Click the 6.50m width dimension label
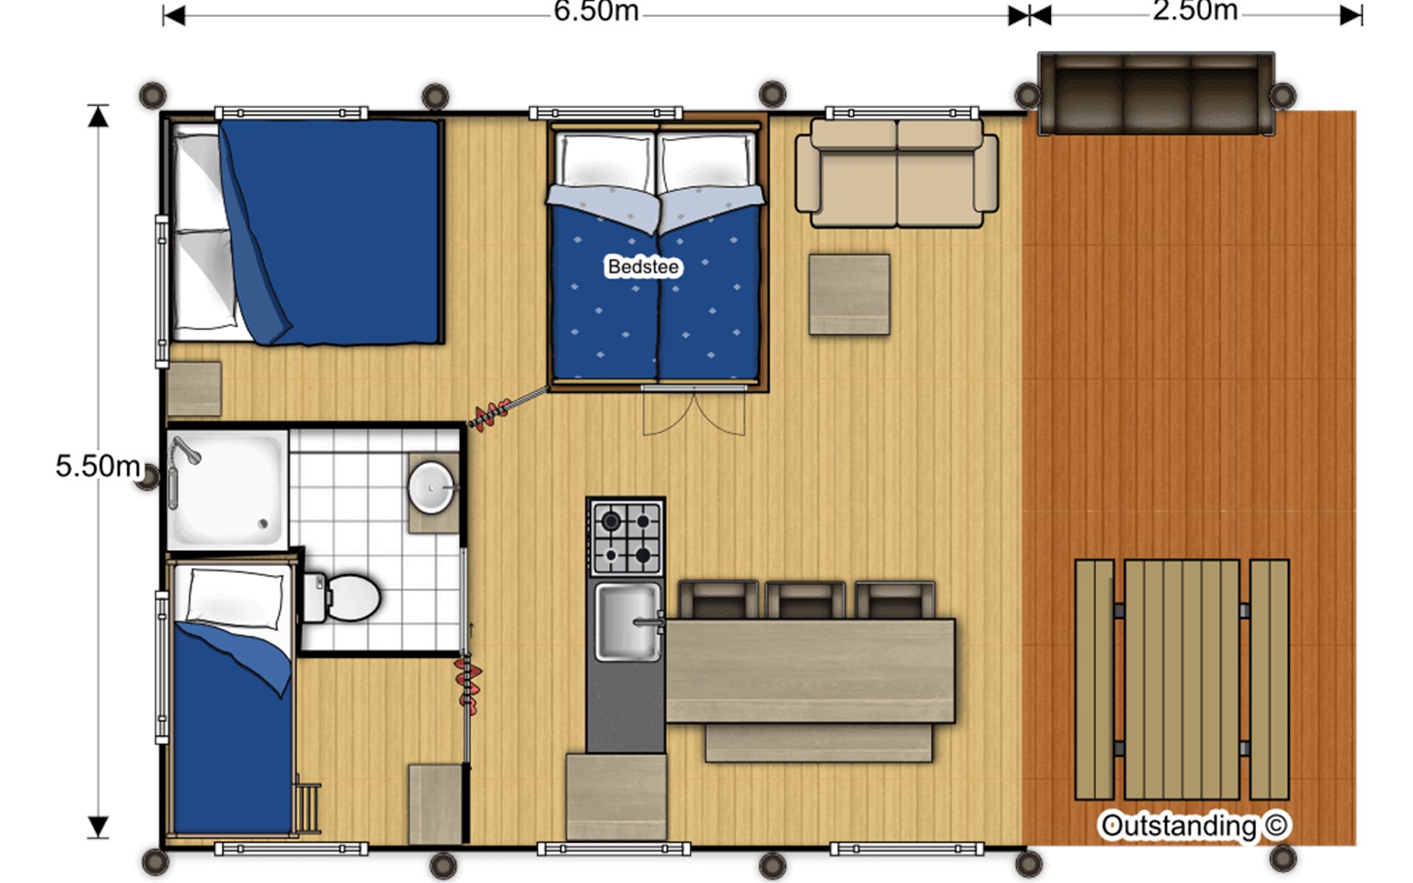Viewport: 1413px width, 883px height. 596,12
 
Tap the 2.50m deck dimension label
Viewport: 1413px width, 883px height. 1195,11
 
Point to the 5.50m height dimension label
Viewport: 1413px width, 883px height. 98,466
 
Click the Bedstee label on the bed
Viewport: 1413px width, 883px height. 643,266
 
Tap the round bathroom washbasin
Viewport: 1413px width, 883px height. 431,487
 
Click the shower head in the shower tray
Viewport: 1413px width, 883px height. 185,450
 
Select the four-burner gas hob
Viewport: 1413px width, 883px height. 626,538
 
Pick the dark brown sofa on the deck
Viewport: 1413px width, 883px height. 1156,93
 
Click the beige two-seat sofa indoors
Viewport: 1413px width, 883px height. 897,172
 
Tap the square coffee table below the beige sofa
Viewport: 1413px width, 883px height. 849,294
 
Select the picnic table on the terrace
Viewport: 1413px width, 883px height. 1182,680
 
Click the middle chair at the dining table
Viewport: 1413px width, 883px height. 805,600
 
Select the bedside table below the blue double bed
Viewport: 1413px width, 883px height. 194,389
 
